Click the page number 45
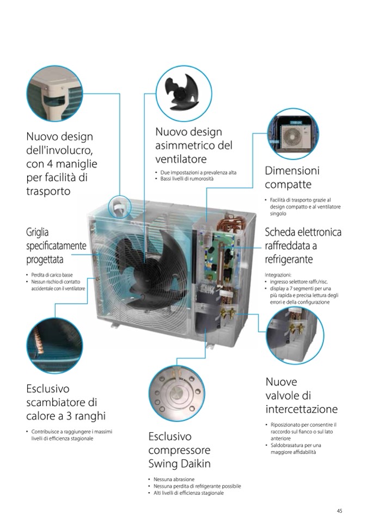coord(340,511)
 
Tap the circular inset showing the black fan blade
coord(183,93)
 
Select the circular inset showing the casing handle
coord(54,93)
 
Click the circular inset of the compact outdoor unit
coord(293,133)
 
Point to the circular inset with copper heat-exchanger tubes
coord(54,345)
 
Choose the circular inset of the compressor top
coord(177,394)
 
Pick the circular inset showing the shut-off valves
coord(295,335)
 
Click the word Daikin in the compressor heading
coord(196,463)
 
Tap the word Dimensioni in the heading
coord(292,170)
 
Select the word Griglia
coord(37,232)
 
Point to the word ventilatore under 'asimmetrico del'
coord(181,159)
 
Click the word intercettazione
coord(302,409)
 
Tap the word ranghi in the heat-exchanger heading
coord(90,416)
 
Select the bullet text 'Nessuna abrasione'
coord(174,480)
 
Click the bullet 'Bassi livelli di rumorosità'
coord(187,179)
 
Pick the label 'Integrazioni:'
coord(278,275)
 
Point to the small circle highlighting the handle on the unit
coord(120,207)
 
